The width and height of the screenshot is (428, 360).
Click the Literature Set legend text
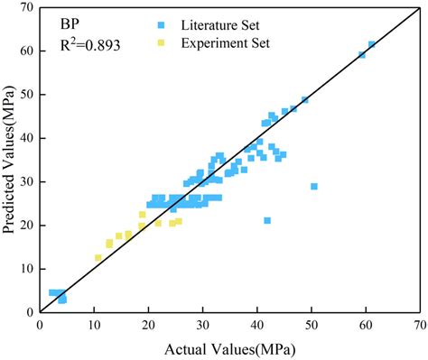point(244,23)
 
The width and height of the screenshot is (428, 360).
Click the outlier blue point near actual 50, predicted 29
point(314,187)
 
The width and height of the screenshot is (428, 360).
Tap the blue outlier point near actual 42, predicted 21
point(267,220)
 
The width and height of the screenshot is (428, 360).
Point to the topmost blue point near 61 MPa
point(372,44)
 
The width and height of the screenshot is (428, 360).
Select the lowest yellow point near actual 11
point(98,258)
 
